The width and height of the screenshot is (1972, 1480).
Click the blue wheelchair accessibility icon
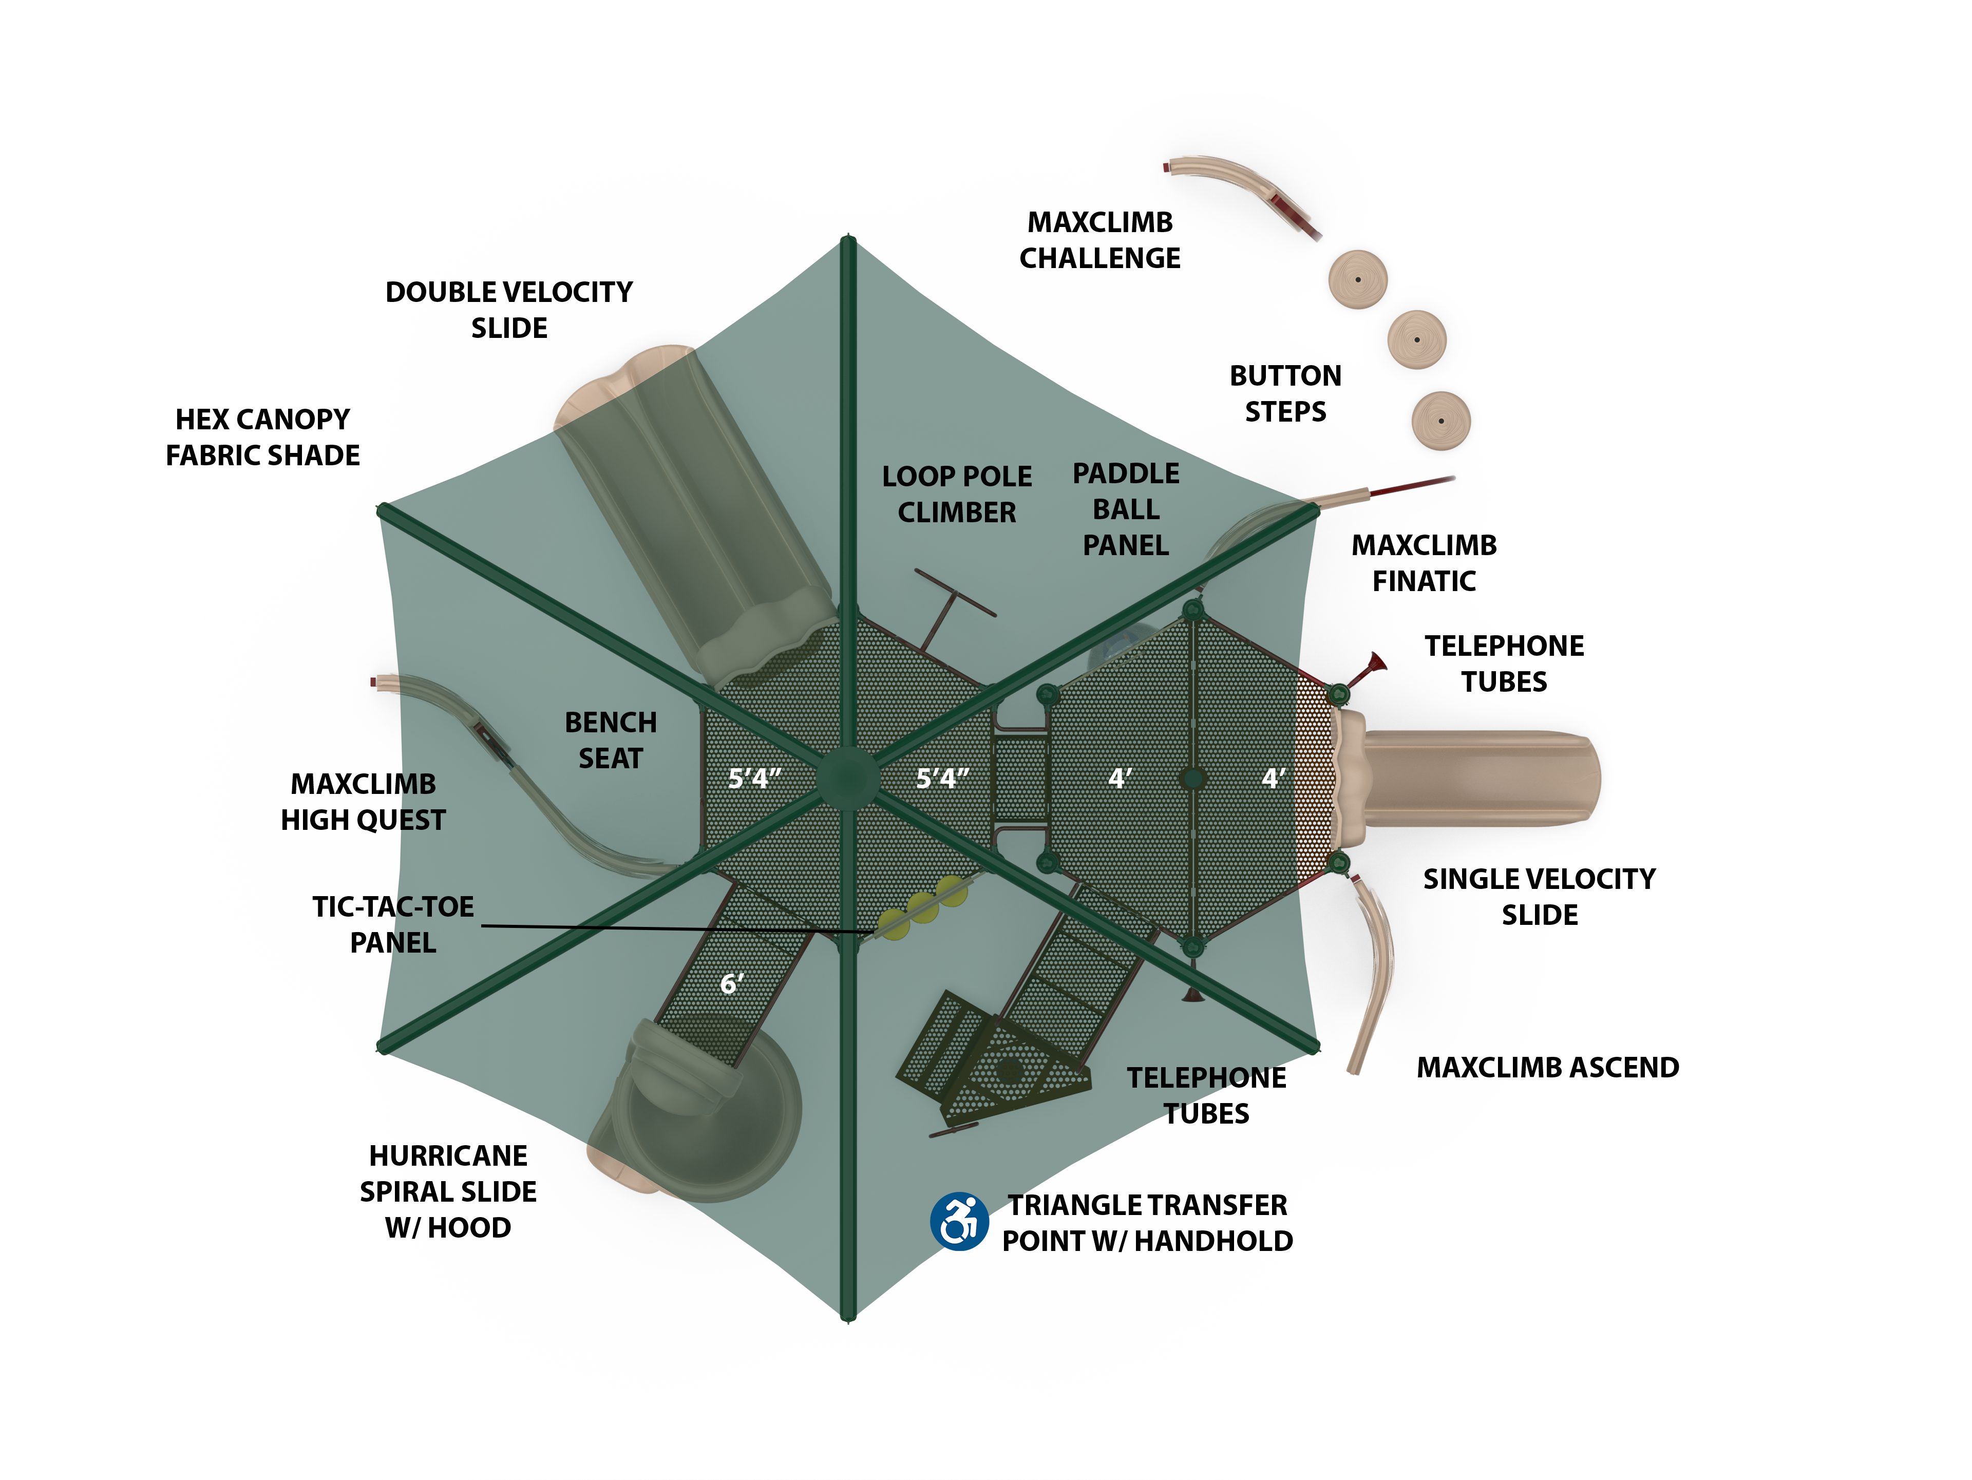959,1222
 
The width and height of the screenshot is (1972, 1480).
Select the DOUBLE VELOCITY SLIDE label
509,309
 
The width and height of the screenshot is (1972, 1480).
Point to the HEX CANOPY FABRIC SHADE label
263,437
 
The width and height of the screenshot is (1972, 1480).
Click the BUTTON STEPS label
1285,393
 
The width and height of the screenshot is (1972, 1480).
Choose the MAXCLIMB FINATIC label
1424,563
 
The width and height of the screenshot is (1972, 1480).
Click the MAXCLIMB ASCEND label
1548,1067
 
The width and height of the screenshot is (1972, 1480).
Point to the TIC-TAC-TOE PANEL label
393,924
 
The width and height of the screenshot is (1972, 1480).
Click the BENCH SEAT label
611,740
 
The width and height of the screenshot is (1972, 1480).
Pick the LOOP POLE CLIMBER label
957,494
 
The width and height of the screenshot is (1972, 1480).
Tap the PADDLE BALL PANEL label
1126,509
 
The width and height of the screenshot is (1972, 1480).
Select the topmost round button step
1358,279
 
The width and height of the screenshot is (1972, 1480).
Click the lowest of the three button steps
1440,420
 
